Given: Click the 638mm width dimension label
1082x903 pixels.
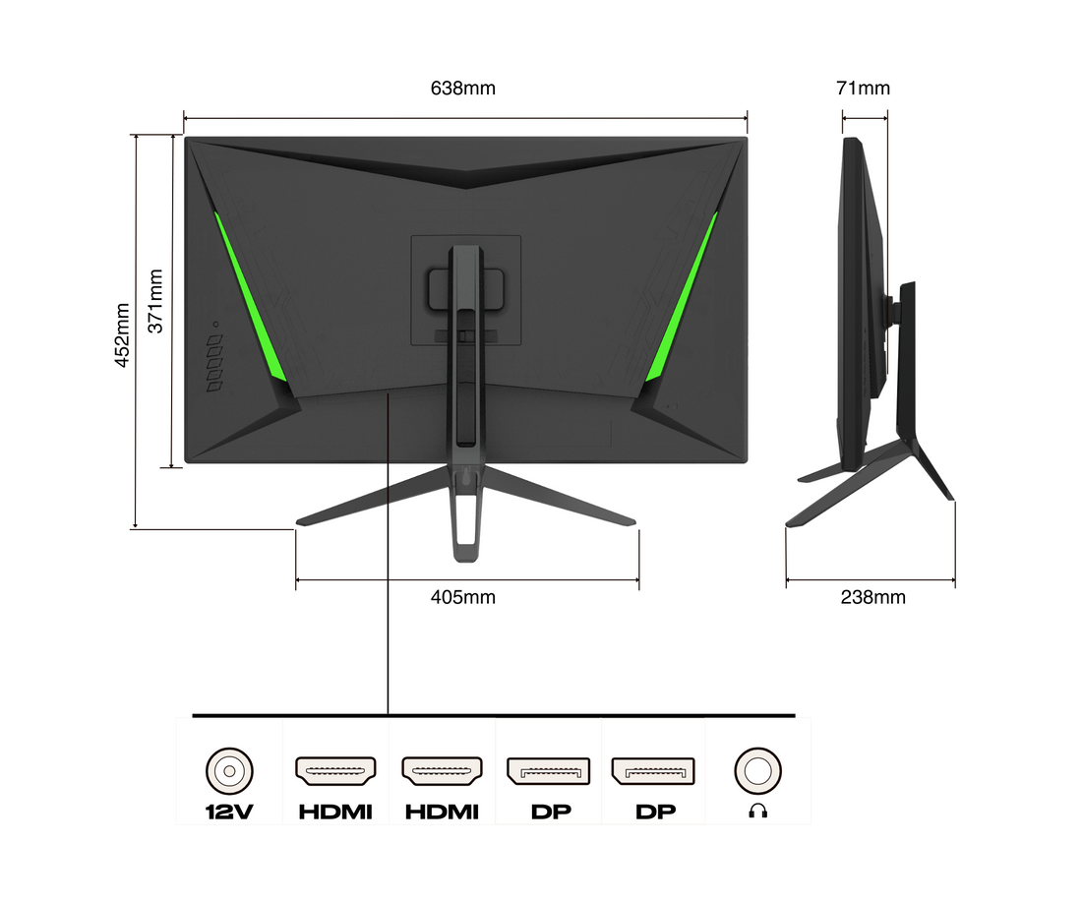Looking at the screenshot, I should pyautogui.click(x=462, y=89).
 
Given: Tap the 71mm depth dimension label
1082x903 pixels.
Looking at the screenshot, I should pyautogui.click(x=863, y=89).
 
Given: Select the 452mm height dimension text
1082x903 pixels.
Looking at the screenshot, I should pyautogui.click(x=122, y=334).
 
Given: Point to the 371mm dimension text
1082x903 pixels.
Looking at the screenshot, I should pyautogui.click(x=156, y=302).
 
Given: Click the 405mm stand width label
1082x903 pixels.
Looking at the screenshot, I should pyautogui.click(x=462, y=597).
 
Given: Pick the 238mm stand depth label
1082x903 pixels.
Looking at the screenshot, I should pyautogui.click(x=872, y=597).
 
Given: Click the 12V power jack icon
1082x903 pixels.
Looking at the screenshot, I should pyautogui.click(x=229, y=769).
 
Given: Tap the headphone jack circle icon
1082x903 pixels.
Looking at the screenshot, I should pyautogui.click(x=757, y=769).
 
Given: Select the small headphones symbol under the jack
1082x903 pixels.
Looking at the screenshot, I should pyautogui.click(x=757, y=812).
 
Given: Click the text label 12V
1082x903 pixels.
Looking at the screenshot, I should pyautogui.click(x=229, y=813).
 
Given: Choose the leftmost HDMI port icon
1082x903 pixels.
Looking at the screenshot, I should pyautogui.click(x=335, y=771).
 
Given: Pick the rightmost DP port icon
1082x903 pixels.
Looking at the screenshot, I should pyautogui.click(x=653, y=771).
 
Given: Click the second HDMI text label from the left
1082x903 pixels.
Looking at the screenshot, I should pyautogui.click(x=442, y=813).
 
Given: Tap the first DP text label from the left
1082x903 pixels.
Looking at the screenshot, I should pyautogui.click(x=548, y=813).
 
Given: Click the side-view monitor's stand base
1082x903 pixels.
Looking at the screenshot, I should pyautogui.click(x=871, y=482).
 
